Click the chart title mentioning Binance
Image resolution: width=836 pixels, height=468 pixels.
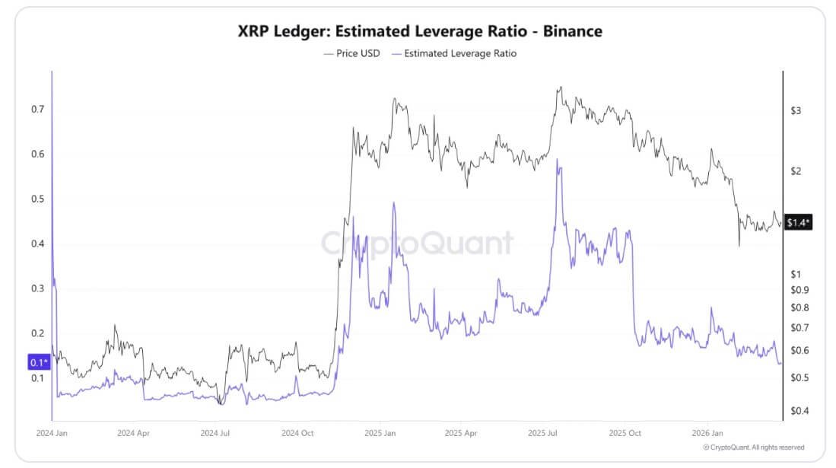tap(420, 31)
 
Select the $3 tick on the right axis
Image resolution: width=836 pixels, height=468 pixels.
tap(796, 111)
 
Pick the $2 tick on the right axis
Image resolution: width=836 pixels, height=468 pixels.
tap(796, 171)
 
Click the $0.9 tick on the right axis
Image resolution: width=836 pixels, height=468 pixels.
tap(798, 290)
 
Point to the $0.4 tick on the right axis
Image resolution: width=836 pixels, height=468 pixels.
tap(798, 411)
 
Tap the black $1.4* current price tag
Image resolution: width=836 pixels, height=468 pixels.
tap(799, 222)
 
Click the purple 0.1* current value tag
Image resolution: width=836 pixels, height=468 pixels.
tap(38, 362)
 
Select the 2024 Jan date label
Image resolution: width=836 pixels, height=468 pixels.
tap(52, 432)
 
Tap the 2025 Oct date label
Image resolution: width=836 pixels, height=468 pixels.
tap(625, 432)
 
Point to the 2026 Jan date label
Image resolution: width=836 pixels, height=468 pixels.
tap(707, 432)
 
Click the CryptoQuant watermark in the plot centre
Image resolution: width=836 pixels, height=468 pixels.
tap(417, 244)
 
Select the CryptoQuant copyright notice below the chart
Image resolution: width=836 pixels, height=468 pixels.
tap(753, 447)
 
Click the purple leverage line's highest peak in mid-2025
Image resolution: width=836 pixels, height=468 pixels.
tap(559, 160)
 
